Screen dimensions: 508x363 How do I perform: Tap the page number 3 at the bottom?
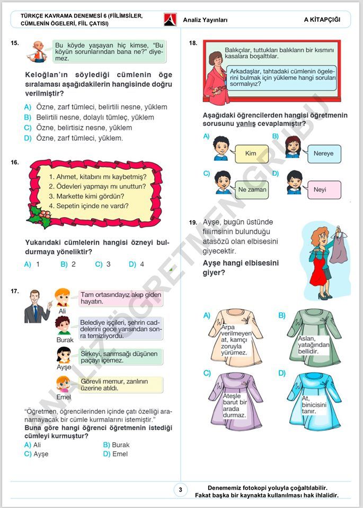click(180, 490)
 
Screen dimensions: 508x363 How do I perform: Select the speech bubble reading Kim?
click(250, 153)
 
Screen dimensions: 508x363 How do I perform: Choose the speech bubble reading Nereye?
click(323, 153)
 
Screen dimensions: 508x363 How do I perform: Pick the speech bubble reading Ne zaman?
click(252, 189)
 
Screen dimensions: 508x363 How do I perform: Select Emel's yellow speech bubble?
click(121, 385)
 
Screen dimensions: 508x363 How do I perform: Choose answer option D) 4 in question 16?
click(137, 264)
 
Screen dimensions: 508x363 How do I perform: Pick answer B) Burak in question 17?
click(117, 445)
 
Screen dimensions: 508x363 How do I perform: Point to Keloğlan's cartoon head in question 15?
click(37, 49)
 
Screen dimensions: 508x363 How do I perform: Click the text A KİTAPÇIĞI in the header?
click(322, 20)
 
